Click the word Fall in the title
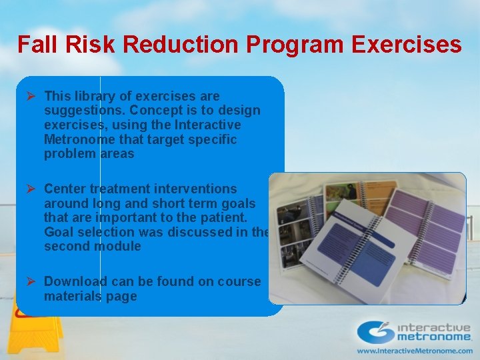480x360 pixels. point(34,45)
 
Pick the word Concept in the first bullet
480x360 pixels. point(155,110)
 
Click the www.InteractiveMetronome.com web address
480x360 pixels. point(414,350)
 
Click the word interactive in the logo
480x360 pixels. point(434,327)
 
